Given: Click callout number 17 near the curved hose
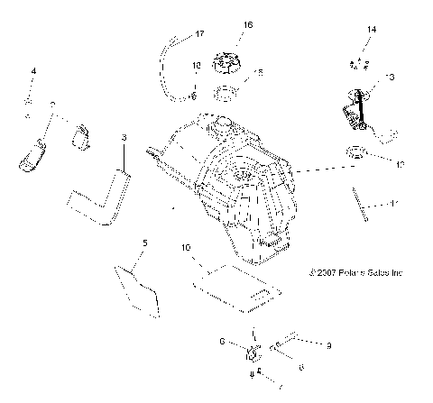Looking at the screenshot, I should pyautogui.click(x=200, y=34).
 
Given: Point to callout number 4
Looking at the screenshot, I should pyautogui.click(x=34, y=69).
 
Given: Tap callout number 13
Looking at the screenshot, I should pyautogui.click(x=390, y=78).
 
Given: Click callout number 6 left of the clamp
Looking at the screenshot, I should pyautogui.click(x=221, y=342).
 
